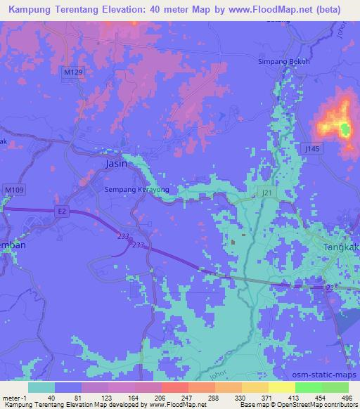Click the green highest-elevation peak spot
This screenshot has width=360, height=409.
click(x=345, y=129)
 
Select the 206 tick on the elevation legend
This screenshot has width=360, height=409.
click(x=144, y=397)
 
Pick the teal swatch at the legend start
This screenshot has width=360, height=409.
click(x=41, y=387)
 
